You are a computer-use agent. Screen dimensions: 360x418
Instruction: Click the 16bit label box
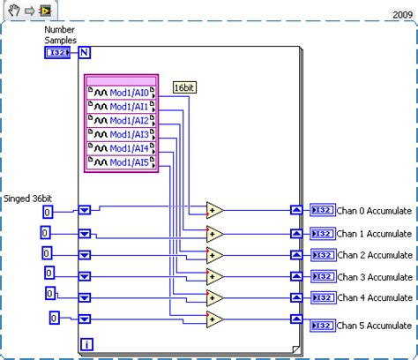click(184, 87)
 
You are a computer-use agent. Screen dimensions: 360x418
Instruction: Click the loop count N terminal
click(85, 53)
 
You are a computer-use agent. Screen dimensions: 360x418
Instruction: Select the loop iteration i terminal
click(86, 343)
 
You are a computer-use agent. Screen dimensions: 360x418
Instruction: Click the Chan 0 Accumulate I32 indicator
click(323, 210)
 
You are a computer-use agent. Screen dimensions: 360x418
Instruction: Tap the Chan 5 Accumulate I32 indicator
click(323, 325)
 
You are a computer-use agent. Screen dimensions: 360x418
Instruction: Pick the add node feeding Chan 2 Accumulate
click(215, 255)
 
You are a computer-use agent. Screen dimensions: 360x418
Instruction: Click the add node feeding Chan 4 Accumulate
click(215, 298)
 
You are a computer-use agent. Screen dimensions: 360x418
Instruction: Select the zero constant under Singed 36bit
click(48, 213)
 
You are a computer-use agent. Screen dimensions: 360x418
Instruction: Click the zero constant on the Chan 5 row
click(54, 318)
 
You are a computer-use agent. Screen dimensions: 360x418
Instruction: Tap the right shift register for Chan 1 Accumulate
click(297, 234)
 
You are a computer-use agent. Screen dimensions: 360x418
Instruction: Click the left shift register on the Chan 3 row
click(85, 275)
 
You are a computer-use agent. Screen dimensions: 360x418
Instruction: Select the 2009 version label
click(403, 15)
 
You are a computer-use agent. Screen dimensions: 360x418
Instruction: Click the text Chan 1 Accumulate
click(375, 234)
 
